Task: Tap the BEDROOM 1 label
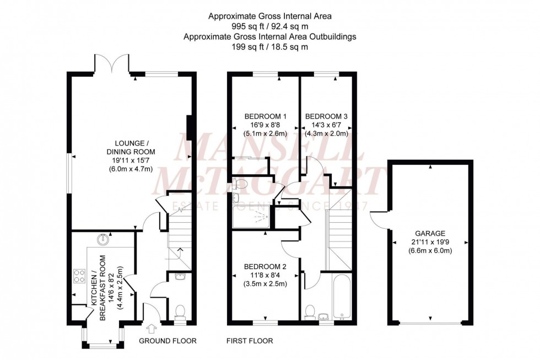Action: [265, 116]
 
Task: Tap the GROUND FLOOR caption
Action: [167, 341]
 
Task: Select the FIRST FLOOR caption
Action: [250, 341]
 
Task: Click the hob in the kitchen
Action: [78, 276]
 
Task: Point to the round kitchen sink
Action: [103, 239]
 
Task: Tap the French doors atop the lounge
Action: [112, 63]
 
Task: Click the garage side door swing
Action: [379, 221]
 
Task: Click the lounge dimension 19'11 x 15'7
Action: [131, 160]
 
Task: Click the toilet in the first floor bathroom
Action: [311, 311]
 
